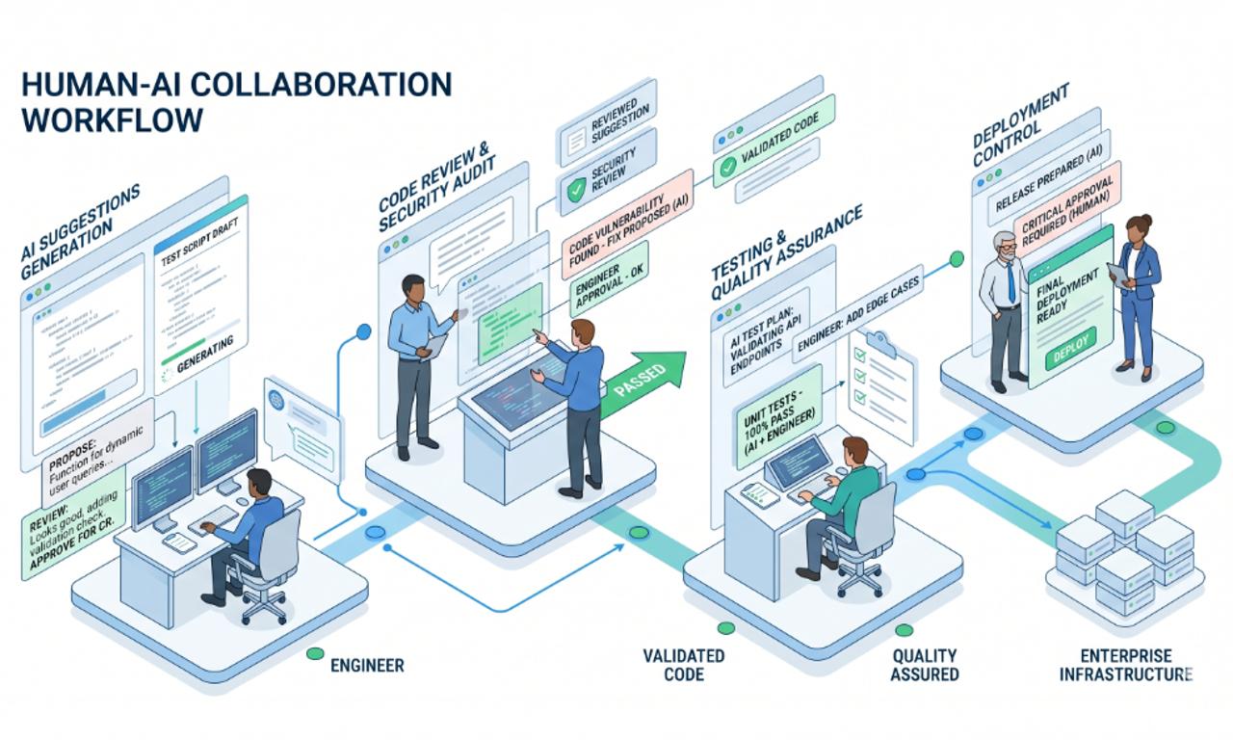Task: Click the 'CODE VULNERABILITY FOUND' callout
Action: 626,219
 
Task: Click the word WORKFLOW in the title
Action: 111,119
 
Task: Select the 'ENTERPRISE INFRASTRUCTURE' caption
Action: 1125,665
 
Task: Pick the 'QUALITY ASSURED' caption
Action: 924,665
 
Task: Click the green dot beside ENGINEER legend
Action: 314,654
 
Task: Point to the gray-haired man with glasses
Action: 1004,308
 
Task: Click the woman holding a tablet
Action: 1137,289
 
